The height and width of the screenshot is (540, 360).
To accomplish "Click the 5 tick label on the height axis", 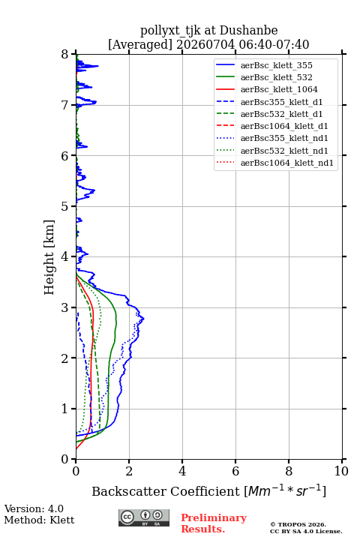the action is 65,206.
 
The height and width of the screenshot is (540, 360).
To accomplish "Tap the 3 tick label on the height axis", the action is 65,307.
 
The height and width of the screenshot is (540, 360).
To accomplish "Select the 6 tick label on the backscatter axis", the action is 235,471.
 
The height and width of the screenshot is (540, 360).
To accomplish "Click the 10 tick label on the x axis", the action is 341,471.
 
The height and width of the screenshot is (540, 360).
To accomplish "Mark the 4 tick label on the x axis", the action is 182,471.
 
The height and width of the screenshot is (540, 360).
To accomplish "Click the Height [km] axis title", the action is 49,257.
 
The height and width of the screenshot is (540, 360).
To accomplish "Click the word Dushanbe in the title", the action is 248,30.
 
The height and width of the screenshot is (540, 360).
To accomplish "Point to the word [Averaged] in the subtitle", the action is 140,44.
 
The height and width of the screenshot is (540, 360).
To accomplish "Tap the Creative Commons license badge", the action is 144,517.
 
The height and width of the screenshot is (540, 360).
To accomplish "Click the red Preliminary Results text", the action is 214,523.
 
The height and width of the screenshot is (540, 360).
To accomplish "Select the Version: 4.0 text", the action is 34,508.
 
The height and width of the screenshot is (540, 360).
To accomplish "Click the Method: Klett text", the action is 39,520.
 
